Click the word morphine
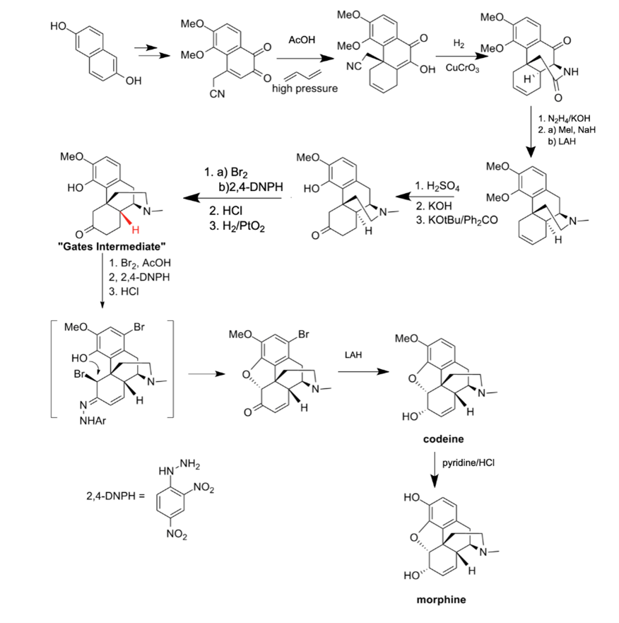click(442, 600)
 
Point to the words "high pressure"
click(304, 89)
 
